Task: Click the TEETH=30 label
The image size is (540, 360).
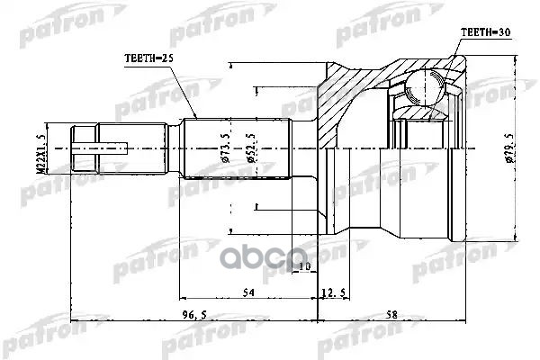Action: tap(486, 31)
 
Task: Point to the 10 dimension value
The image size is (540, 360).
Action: tap(303, 266)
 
